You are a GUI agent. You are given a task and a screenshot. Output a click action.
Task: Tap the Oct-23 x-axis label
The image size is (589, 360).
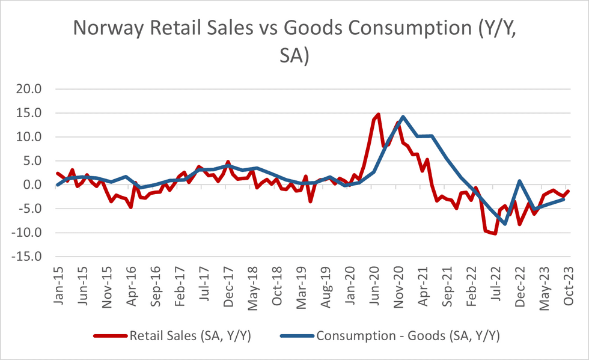567,285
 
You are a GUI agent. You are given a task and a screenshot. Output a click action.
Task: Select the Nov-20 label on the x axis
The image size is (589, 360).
398,285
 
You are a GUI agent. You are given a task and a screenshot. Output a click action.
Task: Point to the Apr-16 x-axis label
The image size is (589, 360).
131,285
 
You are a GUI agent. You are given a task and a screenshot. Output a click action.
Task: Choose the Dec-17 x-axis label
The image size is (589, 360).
228,285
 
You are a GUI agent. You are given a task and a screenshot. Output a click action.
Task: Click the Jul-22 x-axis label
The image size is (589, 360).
495,285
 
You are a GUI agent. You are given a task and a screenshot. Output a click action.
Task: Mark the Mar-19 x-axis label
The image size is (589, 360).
301,285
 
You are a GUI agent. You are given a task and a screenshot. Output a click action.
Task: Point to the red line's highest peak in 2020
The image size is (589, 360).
378,114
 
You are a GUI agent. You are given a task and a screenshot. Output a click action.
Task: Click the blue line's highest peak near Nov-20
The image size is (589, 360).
402,117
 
